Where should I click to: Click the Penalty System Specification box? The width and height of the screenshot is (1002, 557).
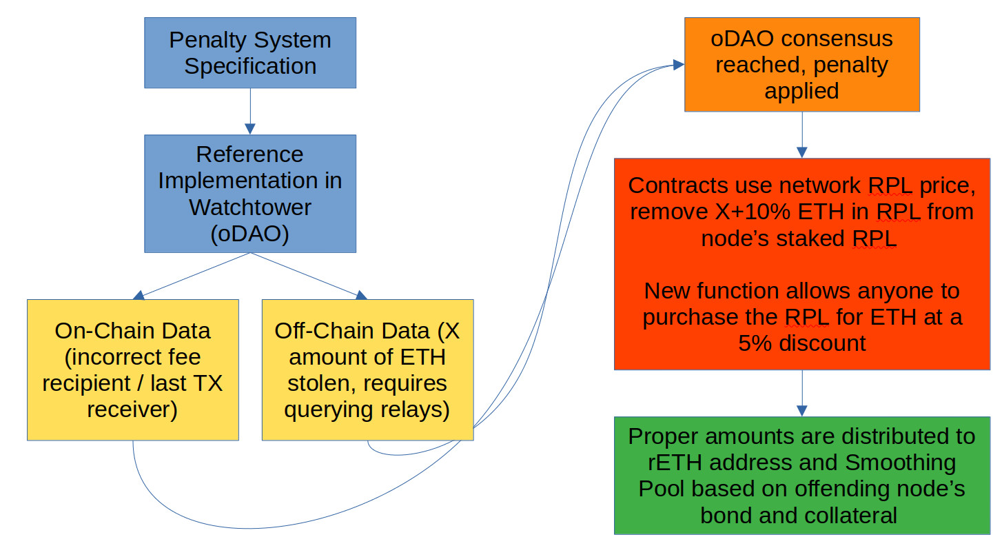click(x=250, y=53)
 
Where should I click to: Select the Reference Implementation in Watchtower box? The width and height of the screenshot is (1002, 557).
click(x=250, y=194)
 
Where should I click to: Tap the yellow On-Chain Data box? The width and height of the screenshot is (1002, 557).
click(x=133, y=370)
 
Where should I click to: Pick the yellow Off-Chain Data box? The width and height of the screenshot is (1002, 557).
click(x=368, y=370)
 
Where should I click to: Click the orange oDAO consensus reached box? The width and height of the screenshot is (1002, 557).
click(x=802, y=64)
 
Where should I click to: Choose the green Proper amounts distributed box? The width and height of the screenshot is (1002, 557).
click(x=802, y=476)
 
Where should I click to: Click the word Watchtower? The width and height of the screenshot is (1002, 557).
click(x=250, y=207)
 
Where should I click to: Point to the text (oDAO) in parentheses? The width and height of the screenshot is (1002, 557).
click(x=250, y=234)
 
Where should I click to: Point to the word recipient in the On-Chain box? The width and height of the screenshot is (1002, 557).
click(x=86, y=383)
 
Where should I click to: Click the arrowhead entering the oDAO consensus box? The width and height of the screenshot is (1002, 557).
click(x=679, y=65)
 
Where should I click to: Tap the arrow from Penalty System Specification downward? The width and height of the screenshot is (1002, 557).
click(x=250, y=112)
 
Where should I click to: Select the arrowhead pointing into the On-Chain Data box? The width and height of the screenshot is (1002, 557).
click(x=139, y=295)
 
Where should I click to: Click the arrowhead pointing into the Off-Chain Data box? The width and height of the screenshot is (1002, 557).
click(x=361, y=295)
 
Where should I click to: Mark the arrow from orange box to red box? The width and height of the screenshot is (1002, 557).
click(x=802, y=134)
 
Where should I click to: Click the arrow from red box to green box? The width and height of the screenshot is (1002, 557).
click(x=802, y=393)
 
